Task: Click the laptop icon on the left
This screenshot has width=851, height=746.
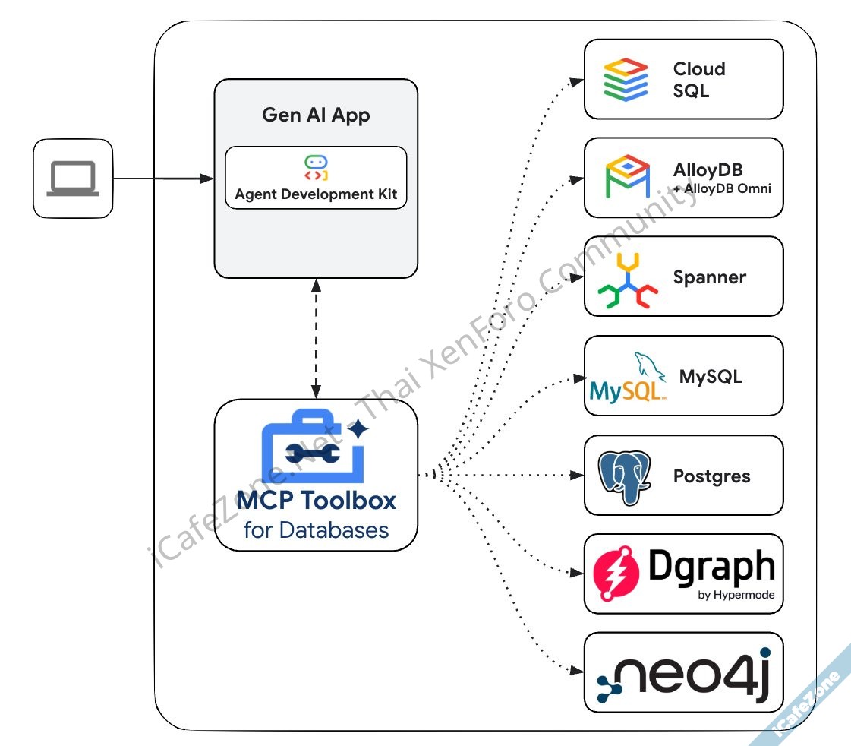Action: (x=73, y=179)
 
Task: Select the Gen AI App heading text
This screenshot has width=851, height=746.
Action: (x=316, y=115)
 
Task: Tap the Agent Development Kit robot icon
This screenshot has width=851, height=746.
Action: (x=316, y=167)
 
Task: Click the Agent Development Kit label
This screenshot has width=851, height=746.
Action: (x=316, y=194)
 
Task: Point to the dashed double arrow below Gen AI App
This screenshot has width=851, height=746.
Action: (x=316, y=338)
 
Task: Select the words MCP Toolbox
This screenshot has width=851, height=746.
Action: (x=316, y=501)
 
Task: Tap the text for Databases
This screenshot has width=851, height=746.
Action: (x=316, y=529)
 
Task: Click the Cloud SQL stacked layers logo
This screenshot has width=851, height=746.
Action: (x=626, y=80)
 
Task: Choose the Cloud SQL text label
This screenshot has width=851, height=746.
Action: (x=698, y=80)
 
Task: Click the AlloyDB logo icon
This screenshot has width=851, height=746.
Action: (x=627, y=177)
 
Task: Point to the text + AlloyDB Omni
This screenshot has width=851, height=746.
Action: (x=722, y=188)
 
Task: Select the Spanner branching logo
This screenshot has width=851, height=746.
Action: (x=627, y=282)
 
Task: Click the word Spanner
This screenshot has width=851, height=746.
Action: (x=709, y=277)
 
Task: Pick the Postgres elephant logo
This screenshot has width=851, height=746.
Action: (x=624, y=476)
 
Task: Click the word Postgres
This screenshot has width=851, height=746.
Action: (x=711, y=476)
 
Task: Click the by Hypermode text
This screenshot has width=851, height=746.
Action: (x=736, y=595)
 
